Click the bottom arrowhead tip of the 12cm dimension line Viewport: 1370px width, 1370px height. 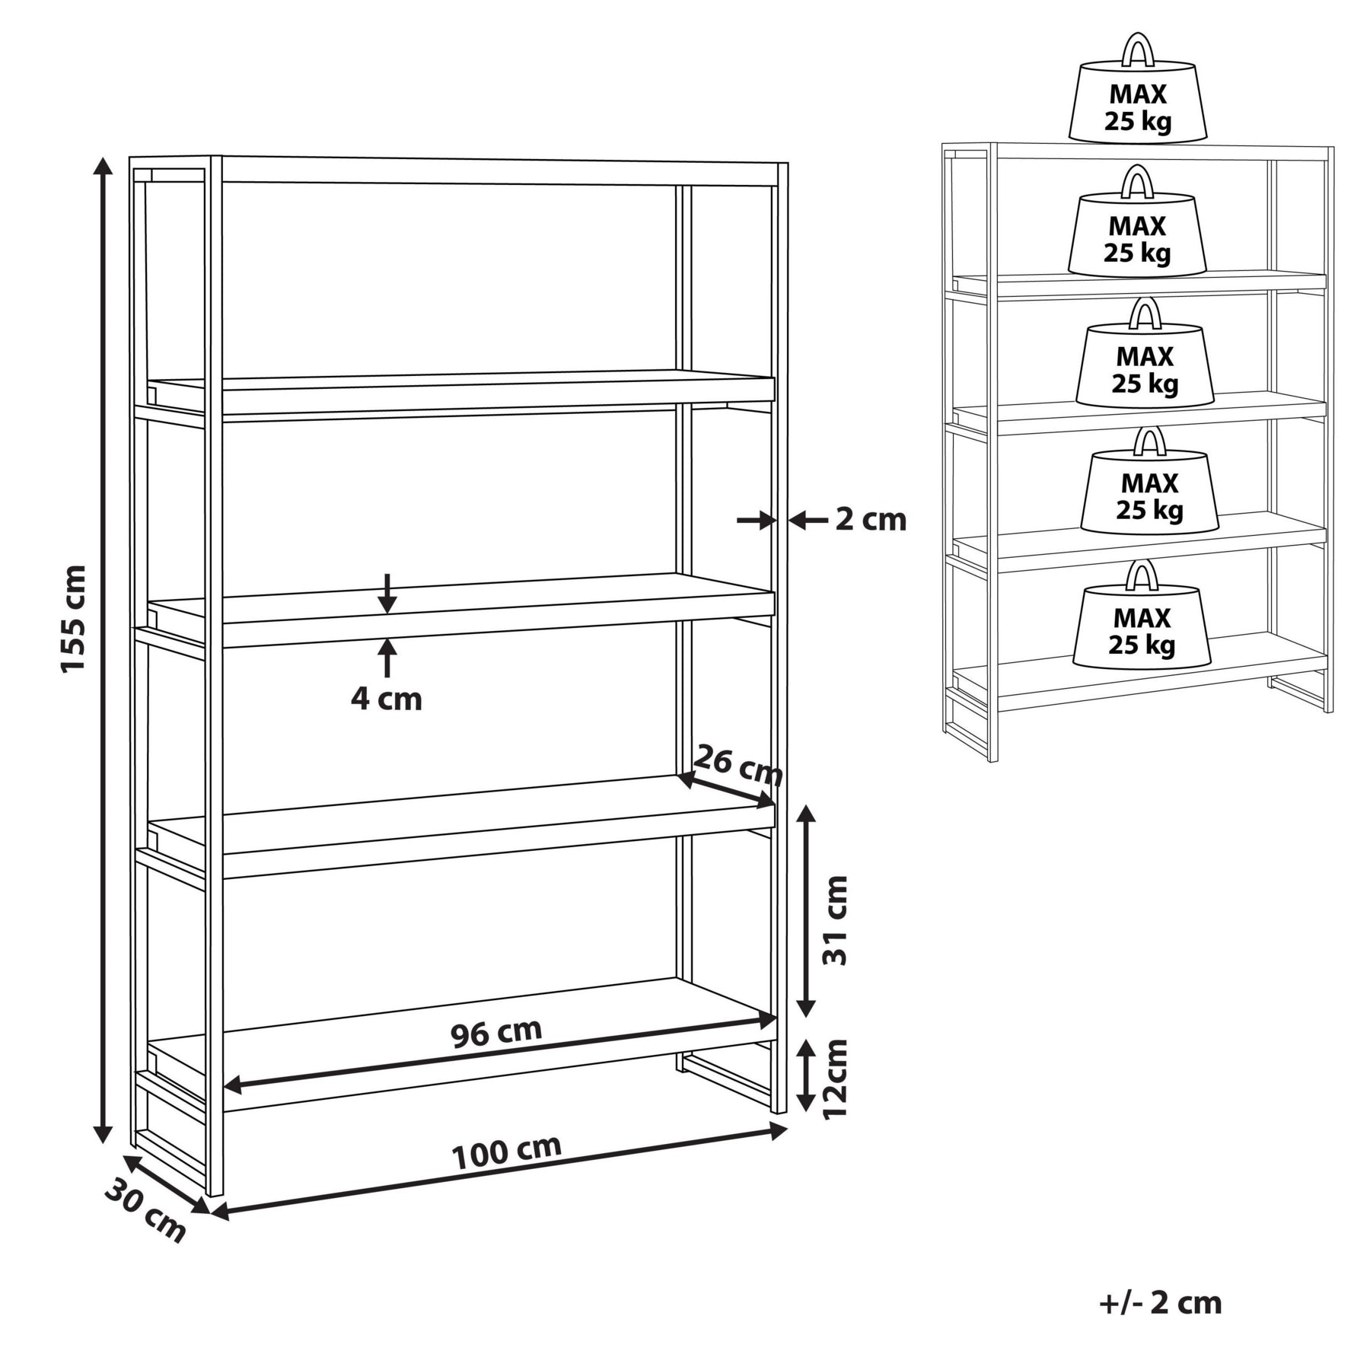(x=806, y=1112)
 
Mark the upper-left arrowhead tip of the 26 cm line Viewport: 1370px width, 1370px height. (x=678, y=776)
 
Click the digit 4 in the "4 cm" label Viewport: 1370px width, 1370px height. (x=359, y=699)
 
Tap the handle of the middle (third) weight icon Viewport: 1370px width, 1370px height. (x=1145, y=311)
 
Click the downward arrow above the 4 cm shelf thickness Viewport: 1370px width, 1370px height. (x=387, y=593)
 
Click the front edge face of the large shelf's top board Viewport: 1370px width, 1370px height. (x=499, y=174)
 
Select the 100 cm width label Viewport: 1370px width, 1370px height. (x=507, y=1153)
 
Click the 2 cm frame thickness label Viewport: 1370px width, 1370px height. (x=871, y=521)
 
